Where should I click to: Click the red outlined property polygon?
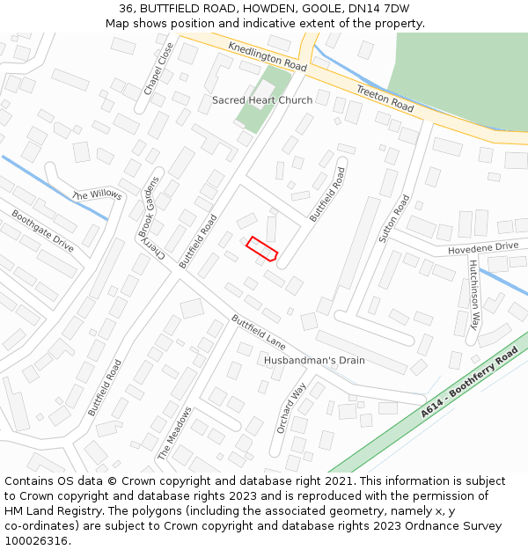tap(262, 249)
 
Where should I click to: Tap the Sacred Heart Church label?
tap(261, 100)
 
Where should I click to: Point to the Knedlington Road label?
tap(267, 56)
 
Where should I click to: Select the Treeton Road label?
tap(385, 98)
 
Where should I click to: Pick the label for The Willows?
tap(97, 194)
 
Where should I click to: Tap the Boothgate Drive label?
tap(42, 231)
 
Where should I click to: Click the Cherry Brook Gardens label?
tap(149, 216)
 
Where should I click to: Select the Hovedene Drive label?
tap(483, 248)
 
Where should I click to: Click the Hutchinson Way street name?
tap(475, 294)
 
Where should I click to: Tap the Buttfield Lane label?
tap(259, 330)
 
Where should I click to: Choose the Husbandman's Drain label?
tap(314, 361)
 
